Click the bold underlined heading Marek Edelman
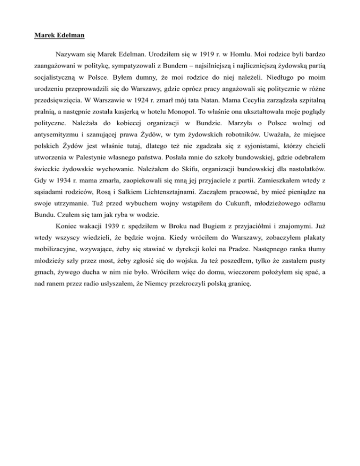[57, 35]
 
